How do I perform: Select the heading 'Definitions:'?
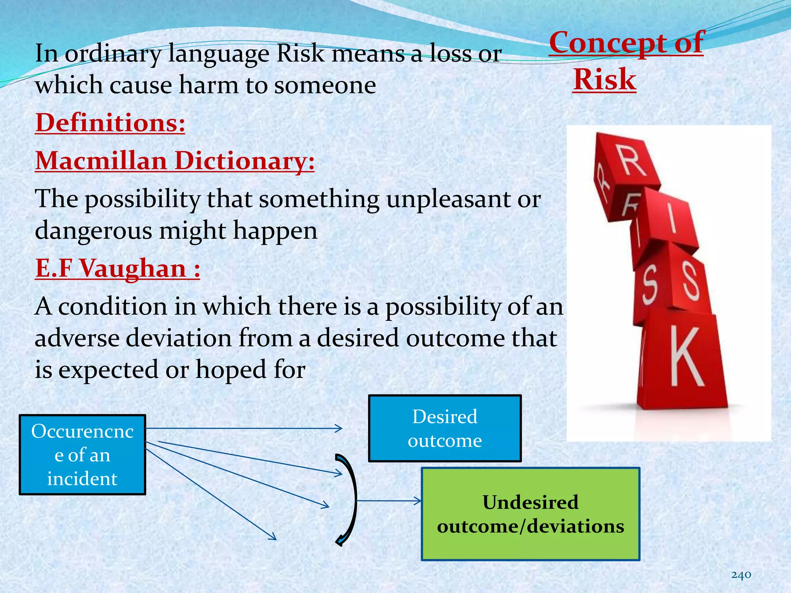pyautogui.click(x=110, y=123)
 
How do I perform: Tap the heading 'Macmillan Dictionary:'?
pyautogui.click(x=175, y=160)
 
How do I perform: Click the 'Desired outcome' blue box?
pyautogui.click(x=445, y=429)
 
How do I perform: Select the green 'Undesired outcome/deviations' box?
pyautogui.click(x=530, y=514)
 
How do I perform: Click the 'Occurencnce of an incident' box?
pyautogui.click(x=82, y=455)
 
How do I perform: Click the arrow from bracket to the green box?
pyautogui.click(x=388, y=501)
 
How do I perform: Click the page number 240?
pyautogui.click(x=741, y=575)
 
